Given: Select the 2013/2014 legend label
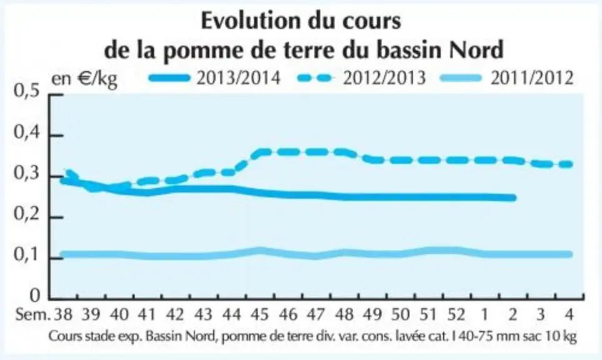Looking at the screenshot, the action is point(238,78).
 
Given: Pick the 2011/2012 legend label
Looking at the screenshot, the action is point(532,78).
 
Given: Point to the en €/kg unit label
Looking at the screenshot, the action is point(84,79).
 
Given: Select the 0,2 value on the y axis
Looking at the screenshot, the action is point(27,214).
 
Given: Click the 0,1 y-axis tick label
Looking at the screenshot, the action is point(27,255).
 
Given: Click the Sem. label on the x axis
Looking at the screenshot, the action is point(33,315).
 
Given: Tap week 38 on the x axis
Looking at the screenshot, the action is point(63,315).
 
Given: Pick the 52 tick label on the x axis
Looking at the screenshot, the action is point(456,315).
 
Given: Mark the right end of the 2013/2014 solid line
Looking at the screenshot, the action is point(513,198).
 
